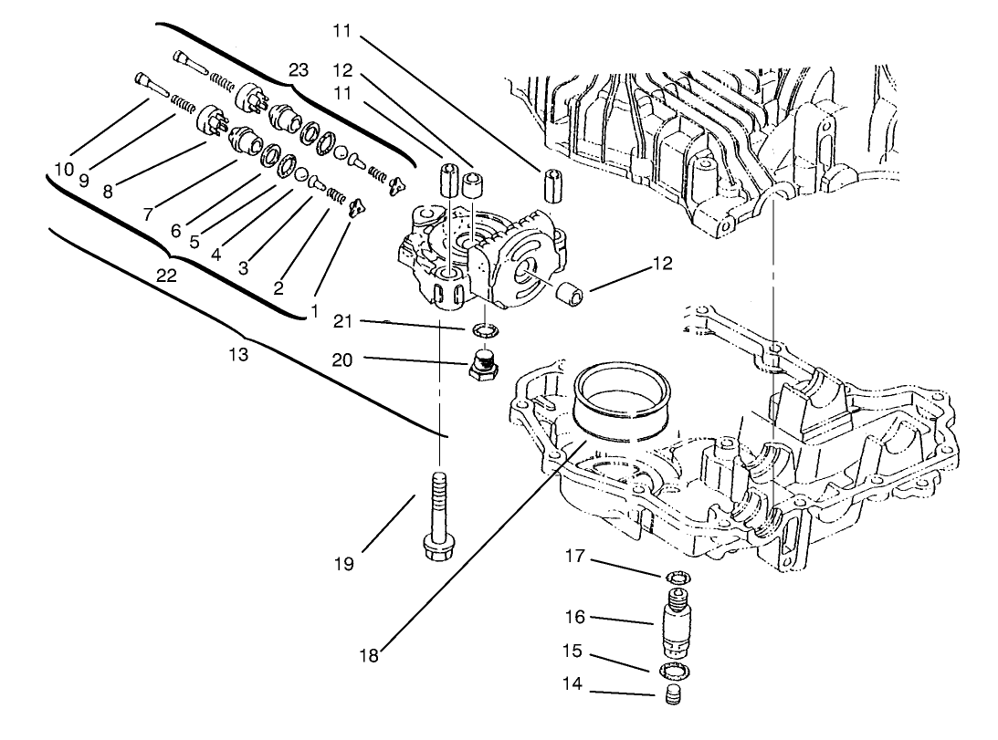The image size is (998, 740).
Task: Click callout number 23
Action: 299,69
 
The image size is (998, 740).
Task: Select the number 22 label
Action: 167,276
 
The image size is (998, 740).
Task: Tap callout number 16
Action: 574,618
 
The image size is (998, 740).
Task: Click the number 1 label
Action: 313,312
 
